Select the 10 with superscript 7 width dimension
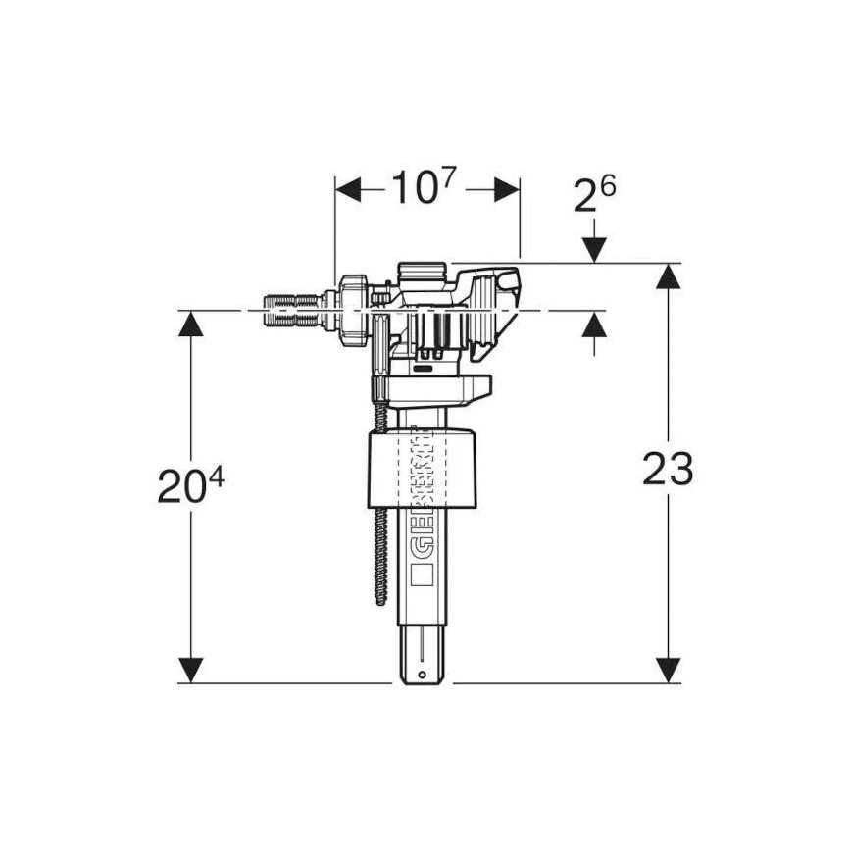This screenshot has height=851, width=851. coord(425,186)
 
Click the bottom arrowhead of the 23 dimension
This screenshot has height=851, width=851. coord(669,670)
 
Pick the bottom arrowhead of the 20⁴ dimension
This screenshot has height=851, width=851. coord(192,670)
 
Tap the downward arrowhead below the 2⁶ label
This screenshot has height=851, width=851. coord(594,251)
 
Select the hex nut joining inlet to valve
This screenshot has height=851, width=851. coord(352,311)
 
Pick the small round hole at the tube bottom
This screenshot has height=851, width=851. coord(422,675)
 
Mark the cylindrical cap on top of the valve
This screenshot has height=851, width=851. coord(423,270)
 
